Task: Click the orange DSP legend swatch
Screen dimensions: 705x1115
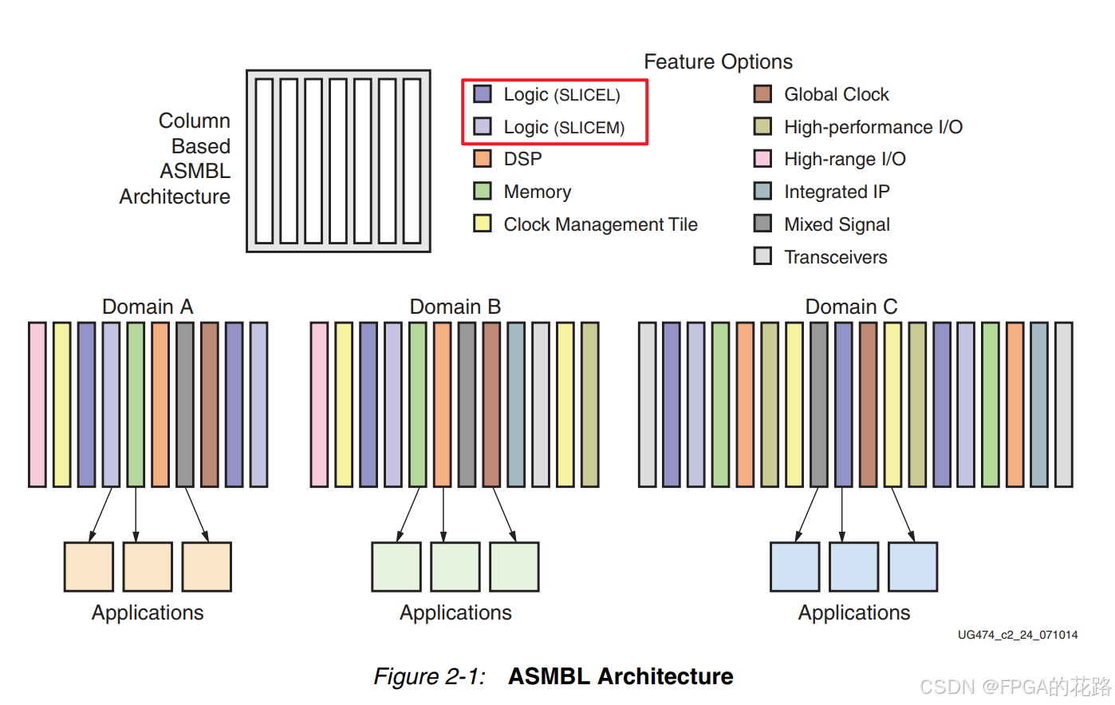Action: pyautogui.click(x=482, y=159)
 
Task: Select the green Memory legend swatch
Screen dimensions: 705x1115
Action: pyautogui.click(x=482, y=192)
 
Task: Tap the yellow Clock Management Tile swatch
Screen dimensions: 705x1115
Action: pyautogui.click(x=482, y=224)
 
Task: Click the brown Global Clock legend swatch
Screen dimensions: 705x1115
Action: pyautogui.click(x=762, y=94)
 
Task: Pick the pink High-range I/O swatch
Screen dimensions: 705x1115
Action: pyautogui.click(x=762, y=159)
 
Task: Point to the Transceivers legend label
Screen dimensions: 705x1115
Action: pyautogui.click(x=835, y=257)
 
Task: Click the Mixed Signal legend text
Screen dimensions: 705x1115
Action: pyautogui.click(x=837, y=224)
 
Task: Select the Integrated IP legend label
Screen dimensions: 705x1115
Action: pyautogui.click(x=837, y=192)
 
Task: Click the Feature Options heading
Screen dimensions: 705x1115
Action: pyautogui.click(x=718, y=61)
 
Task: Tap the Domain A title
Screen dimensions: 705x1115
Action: pyautogui.click(x=148, y=307)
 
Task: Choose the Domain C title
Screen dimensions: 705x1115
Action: pyautogui.click(x=851, y=307)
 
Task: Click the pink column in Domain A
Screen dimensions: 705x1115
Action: pyautogui.click(x=37, y=404)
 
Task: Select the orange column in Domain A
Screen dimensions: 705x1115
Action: pyautogui.click(x=160, y=404)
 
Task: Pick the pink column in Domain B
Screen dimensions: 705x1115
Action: pyautogui.click(x=319, y=404)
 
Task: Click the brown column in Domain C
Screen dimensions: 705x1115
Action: pyautogui.click(x=868, y=404)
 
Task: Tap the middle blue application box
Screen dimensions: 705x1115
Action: pyautogui.click(x=853, y=567)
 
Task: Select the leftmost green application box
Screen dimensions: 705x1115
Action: pyautogui.click(x=396, y=567)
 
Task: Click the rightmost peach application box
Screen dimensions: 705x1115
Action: pyautogui.click(x=207, y=567)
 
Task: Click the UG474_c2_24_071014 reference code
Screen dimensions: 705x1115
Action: pyautogui.click(x=1018, y=635)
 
